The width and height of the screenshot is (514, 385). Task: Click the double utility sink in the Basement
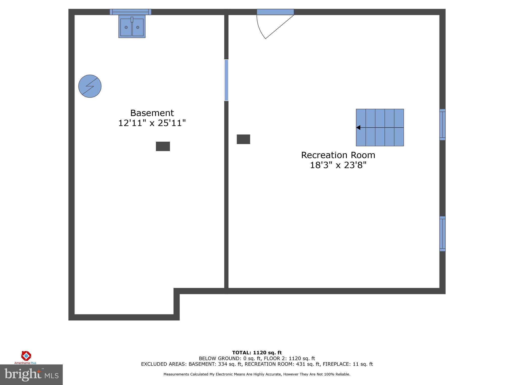[132, 26]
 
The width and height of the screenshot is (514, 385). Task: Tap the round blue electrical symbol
[90, 86]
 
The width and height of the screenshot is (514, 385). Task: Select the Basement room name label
[152, 113]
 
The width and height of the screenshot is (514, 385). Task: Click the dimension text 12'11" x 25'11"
[152, 123]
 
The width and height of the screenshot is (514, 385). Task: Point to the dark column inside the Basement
[163, 146]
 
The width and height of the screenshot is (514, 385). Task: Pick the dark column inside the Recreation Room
[243, 139]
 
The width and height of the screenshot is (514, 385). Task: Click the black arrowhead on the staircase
[358, 128]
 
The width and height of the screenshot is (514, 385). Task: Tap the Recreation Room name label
[338, 155]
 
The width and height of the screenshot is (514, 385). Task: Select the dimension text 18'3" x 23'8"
[338, 165]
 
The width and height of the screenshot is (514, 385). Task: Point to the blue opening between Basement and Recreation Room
[226, 80]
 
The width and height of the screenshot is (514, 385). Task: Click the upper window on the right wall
[442, 125]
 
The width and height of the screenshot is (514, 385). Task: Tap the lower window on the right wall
[442, 234]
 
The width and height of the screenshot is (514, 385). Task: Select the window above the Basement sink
[131, 12]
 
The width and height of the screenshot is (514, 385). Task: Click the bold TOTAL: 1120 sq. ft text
[257, 353]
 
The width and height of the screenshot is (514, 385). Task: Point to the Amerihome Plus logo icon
[26, 356]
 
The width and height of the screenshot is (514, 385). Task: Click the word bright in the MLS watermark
[23, 374]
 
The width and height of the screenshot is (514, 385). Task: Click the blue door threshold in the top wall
[275, 12]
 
